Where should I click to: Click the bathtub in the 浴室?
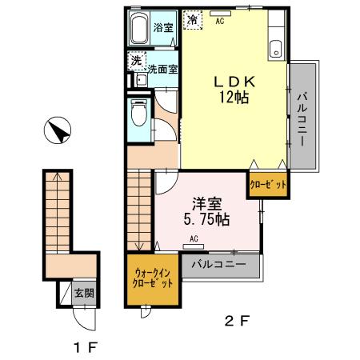tap(139, 28)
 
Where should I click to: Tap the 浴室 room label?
tap(163, 27)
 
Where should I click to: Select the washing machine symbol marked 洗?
tap(137, 61)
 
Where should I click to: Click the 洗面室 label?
tap(162, 70)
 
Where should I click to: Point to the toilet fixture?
tap(139, 113)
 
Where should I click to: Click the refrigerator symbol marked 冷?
tap(193, 19)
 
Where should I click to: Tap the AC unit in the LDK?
tap(220, 14)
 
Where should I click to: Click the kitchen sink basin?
tap(276, 50)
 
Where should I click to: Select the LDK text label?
tap(234, 82)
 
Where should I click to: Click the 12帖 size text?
tap(234, 97)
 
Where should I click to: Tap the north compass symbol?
tap(58, 130)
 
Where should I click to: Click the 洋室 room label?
tap(207, 204)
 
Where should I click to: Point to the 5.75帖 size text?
tap(206, 219)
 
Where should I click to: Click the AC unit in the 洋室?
tap(194, 246)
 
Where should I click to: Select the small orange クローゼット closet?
tap(268, 185)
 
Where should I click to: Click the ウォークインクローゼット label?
tap(153, 278)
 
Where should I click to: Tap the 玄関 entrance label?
tap(84, 294)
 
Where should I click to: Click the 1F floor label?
tap(86, 347)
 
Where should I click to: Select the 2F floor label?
tap(237, 321)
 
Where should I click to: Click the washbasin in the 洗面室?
tap(141, 80)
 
